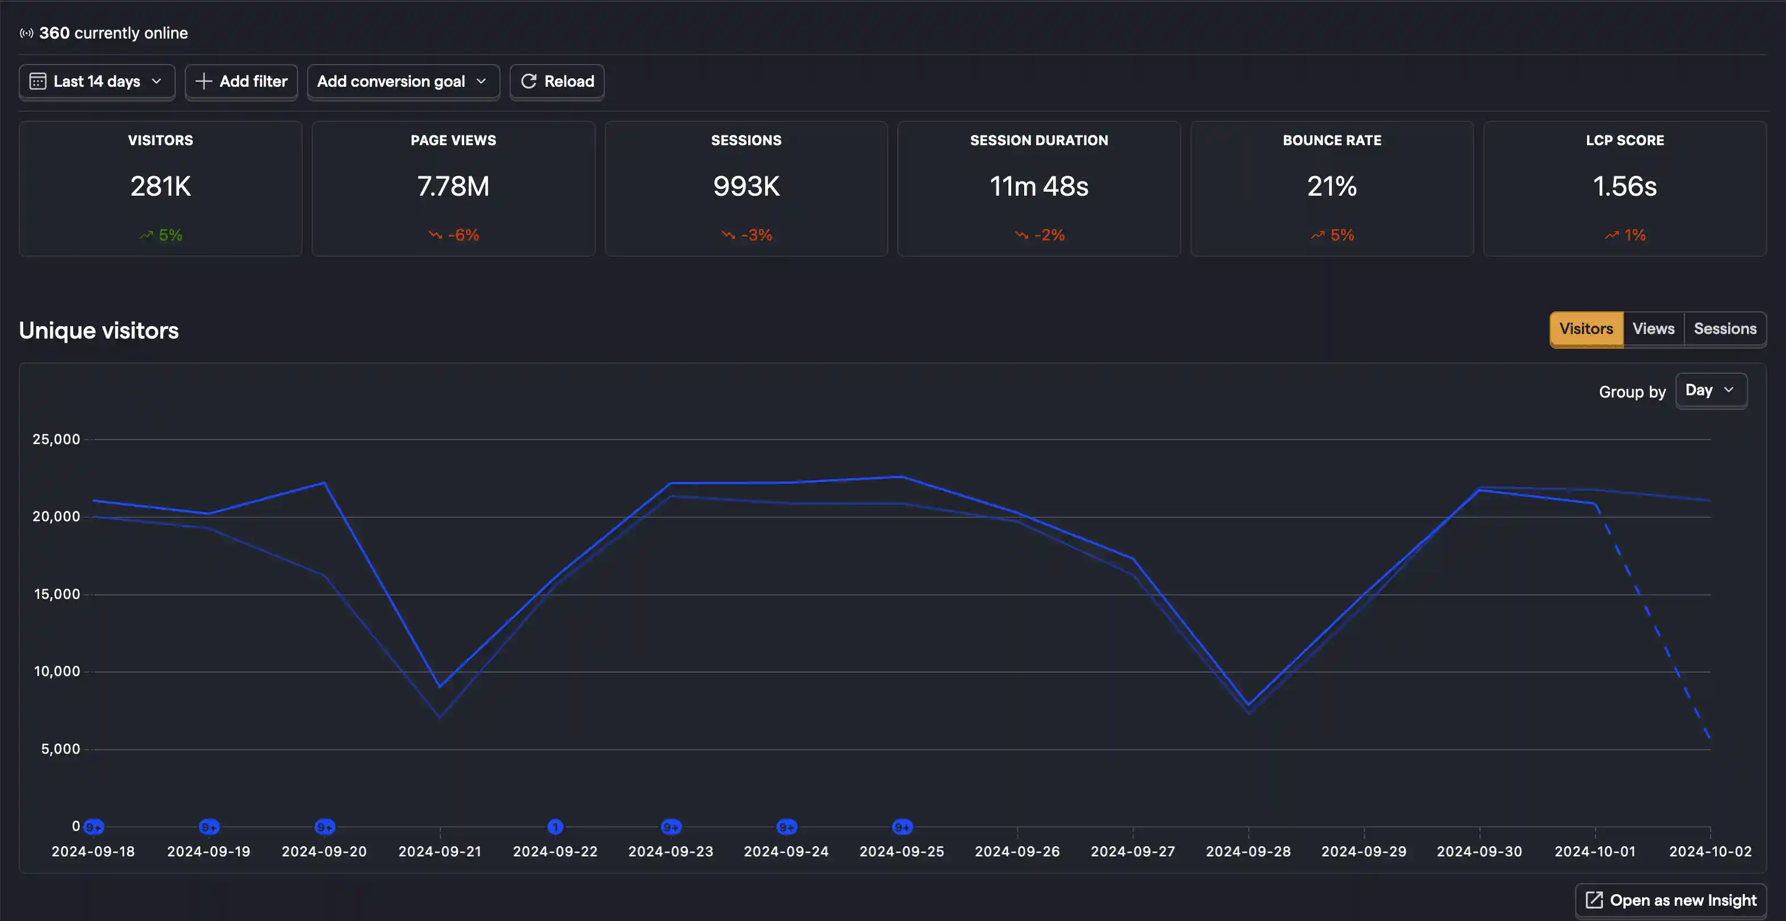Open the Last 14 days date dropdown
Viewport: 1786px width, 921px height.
tap(96, 82)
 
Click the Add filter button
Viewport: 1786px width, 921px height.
tap(241, 82)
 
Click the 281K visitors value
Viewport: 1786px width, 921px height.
tap(160, 186)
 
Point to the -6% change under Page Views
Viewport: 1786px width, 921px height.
tap(454, 235)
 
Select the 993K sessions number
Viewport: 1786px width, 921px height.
tap(746, 186)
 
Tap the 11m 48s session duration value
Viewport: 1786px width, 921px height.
tap(1038, 186)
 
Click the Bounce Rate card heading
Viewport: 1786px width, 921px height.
tap(1331, 140)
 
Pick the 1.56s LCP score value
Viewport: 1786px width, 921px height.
tap(1624, 186)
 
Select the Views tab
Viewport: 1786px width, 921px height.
tap(1653, 329)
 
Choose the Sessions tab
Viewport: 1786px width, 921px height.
tap(1724, 329)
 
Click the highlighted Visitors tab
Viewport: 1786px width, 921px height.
tap(1585, 329)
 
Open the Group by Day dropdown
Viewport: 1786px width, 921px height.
tap(1709, 390)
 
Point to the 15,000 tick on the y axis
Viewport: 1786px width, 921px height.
tap(57, 594)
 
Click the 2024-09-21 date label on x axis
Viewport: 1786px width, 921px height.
tap(440, 851)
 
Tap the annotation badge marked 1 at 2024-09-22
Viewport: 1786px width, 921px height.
tap(555, 827)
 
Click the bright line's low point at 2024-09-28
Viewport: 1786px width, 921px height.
tap(1249, 705)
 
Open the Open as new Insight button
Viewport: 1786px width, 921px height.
tap(1671, 900)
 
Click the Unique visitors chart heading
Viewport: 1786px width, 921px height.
tap(99, 331)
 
